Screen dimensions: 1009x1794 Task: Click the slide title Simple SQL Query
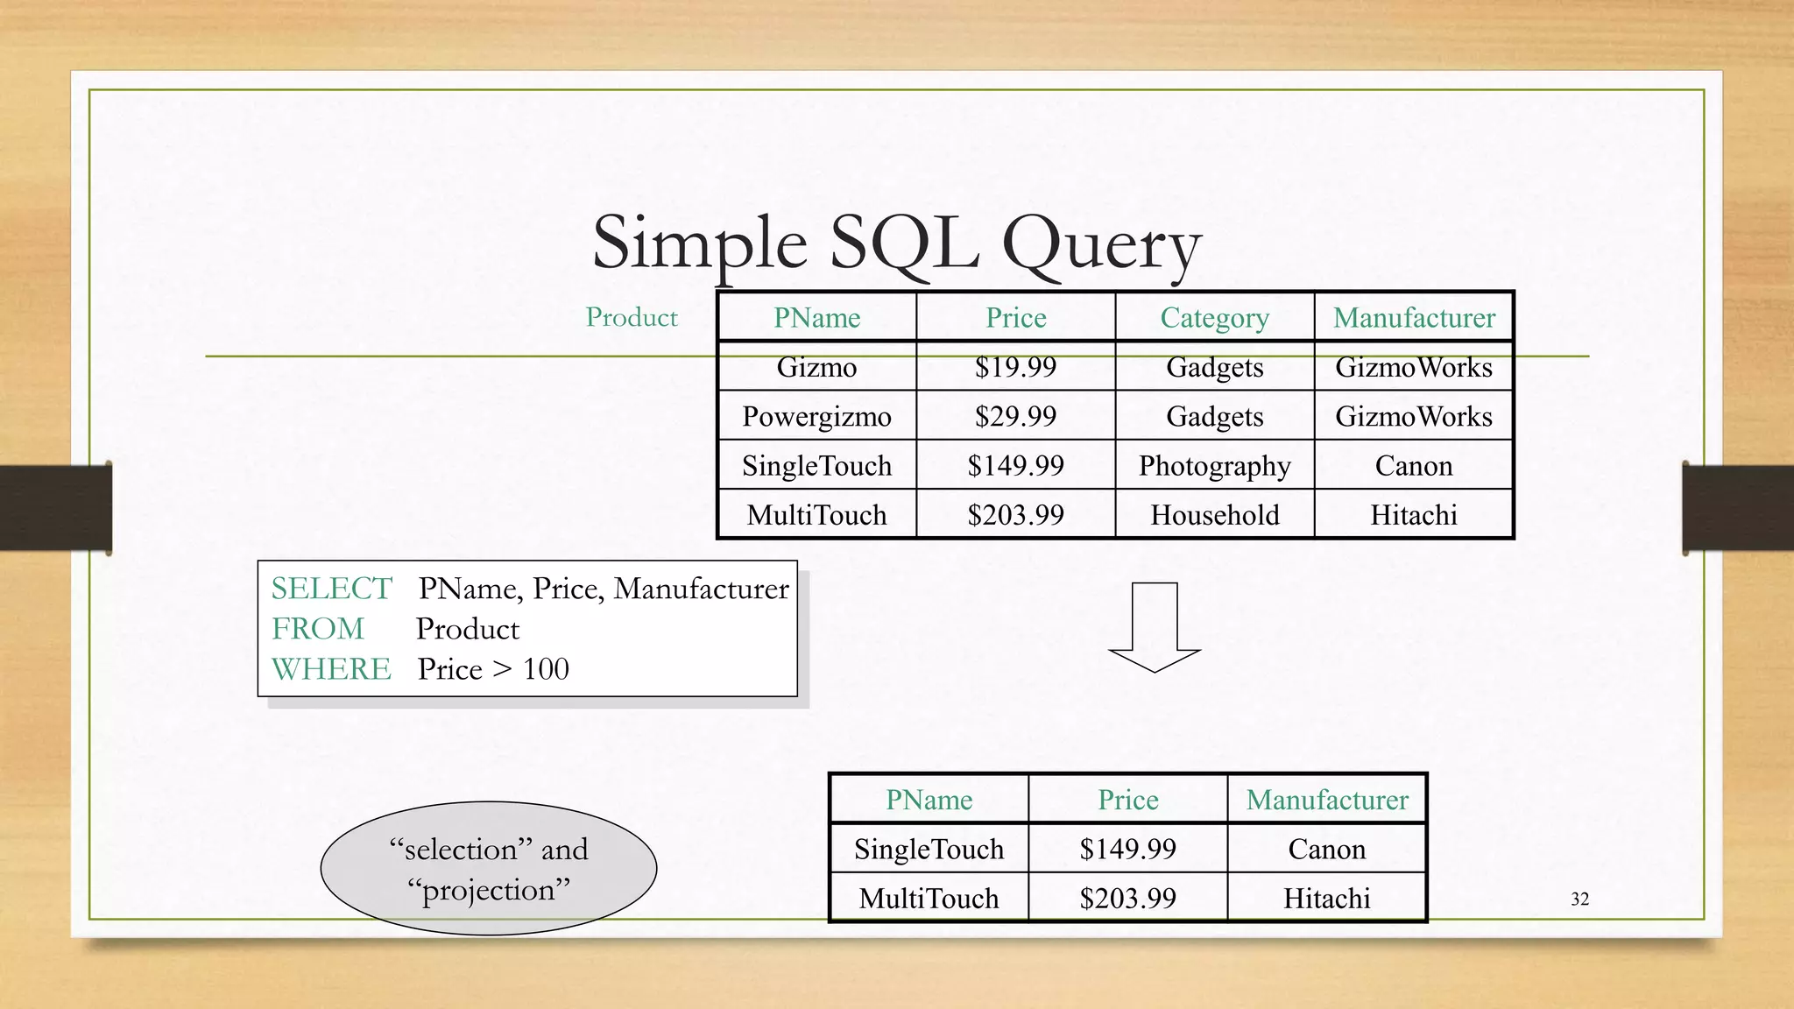896,243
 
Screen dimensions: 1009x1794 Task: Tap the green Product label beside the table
632,317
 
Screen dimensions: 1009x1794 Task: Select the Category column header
1214,317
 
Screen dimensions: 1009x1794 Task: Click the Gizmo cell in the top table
816,367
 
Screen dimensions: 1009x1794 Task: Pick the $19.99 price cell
1015,367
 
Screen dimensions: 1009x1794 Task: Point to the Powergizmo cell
816,416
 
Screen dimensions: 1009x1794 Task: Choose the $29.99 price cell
1015,416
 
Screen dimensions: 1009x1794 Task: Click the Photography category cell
1214,466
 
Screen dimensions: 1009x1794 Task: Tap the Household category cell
1214,515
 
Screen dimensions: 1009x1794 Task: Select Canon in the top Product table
1413,466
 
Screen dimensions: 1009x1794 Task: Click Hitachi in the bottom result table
1326,899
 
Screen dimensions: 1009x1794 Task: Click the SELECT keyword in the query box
331,589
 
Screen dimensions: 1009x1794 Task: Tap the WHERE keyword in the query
331,669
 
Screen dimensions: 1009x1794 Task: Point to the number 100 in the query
546,669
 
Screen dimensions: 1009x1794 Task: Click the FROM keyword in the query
317,629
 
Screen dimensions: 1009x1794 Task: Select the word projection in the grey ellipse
489,891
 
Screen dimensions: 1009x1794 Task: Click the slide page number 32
1579,900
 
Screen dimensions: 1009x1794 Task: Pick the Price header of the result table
1127,800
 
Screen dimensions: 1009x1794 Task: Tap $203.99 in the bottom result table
1127,899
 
